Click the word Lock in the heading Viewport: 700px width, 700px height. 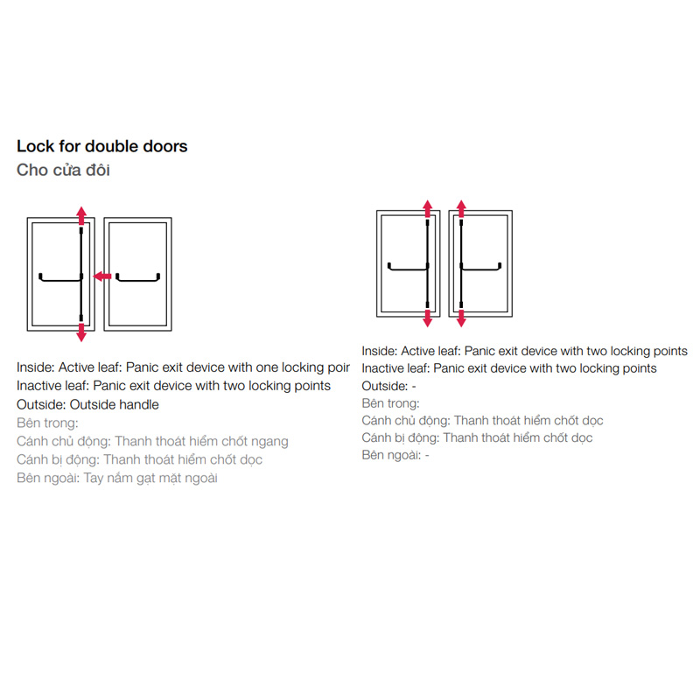point(33,146)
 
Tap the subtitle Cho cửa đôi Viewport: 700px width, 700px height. point(63,170)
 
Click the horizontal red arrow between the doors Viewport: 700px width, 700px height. point(101,276)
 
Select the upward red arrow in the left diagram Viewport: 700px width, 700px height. point(81,214)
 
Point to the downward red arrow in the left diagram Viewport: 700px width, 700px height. point(81,332)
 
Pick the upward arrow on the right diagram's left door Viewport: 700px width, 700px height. point(427,208)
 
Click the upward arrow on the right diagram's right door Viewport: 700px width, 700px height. point(461,208)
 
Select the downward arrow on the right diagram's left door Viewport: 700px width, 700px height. point(427,318)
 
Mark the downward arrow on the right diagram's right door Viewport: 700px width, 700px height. point(461,318)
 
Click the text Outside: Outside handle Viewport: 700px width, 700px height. point(87,404)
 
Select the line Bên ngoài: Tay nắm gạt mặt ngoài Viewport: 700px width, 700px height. point(116,478)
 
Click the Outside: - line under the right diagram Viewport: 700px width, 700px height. point(388,386)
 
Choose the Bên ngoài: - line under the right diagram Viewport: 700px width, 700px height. point(395,455)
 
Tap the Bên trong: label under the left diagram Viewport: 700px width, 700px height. point(47,423)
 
